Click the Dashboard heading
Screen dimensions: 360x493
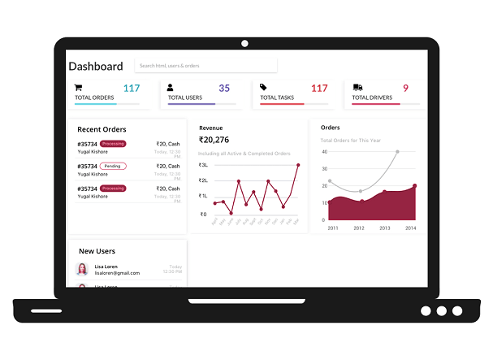coord(96,67)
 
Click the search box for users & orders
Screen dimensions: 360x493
coord(205,66)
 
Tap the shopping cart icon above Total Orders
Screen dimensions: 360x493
coord(79,87)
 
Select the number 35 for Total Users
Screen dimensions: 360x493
coord(224,88)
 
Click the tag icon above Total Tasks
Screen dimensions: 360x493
coord(263,87)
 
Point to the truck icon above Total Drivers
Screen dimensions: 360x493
coord(357,87)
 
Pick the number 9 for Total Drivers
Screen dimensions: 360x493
coord(405,88)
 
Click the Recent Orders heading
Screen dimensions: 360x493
coord(102,129)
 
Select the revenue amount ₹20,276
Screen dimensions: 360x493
coord(214,140)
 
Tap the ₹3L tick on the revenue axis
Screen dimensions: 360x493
coord(203,165)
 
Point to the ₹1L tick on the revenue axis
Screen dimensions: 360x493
coord(203,196)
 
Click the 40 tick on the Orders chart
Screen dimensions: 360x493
coord(324,152)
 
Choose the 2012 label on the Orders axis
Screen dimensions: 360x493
coord(359,228)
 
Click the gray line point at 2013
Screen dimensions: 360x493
coord(397,152)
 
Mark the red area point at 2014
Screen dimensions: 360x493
coord(414,186)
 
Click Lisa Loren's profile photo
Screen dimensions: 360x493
coord(82,269)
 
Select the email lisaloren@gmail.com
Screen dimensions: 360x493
coord(117,273)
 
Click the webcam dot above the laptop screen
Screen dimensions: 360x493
coord(244,43)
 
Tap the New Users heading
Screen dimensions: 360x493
coord(97,251)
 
